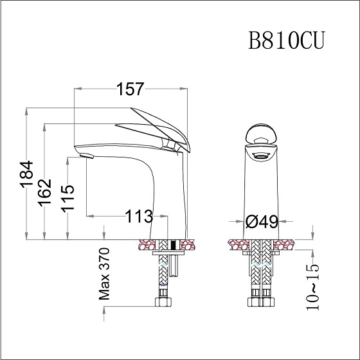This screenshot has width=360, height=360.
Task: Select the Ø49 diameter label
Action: click(x=262, y=222)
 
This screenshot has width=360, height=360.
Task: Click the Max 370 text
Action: click(x=104, y=274)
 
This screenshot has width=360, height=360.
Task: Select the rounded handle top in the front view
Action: click(x=262, y=135)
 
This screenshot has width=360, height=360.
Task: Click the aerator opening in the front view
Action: click(x=262, y=155)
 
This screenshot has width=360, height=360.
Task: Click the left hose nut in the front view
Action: click(x=251, y=301)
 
